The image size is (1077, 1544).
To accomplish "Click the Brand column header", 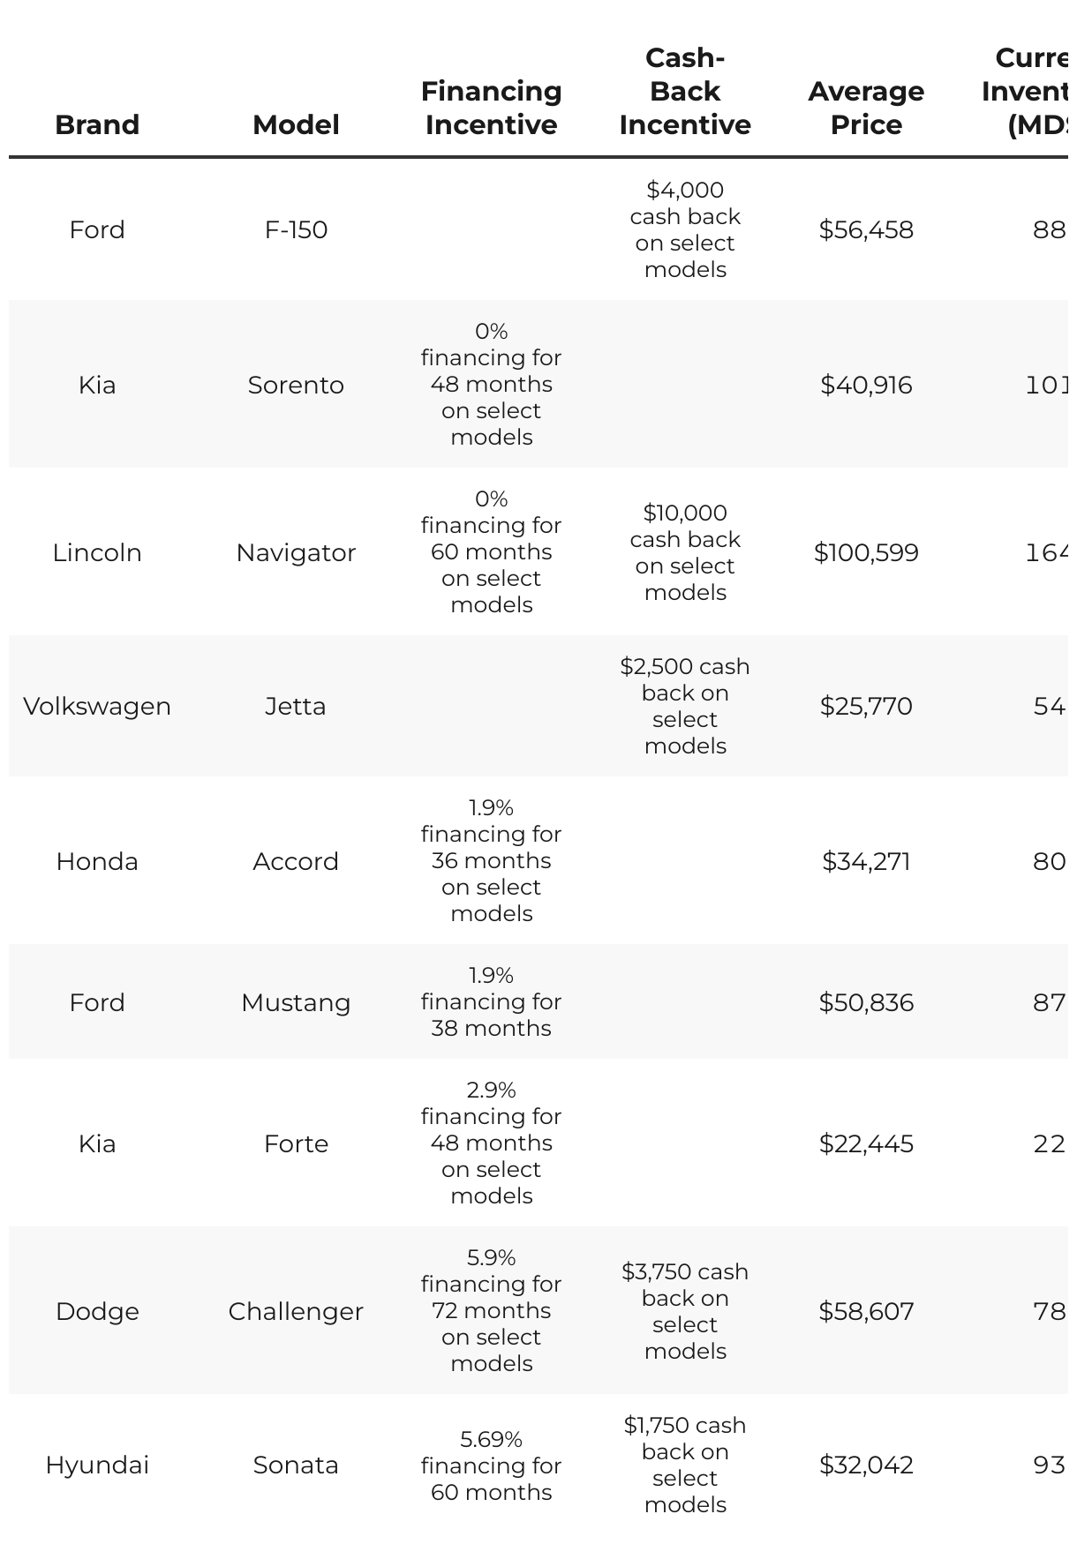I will coord(97,124).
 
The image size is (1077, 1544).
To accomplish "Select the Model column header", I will coord(296,124).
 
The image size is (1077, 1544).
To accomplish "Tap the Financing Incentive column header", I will coord(491,108).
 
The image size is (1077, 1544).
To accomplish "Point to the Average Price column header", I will coord(866,108).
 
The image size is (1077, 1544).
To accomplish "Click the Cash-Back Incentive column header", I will coord(685,92).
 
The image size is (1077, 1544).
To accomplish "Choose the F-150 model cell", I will coord(296,229).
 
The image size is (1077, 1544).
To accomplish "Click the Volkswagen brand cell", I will coord(97,706).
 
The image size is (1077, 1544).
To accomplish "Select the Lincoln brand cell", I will coord(97,552).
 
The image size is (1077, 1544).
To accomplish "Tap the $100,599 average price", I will coord(866,552).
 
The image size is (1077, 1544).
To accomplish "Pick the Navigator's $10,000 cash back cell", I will coord(685,552).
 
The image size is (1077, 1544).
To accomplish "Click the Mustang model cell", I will coord(296,1002).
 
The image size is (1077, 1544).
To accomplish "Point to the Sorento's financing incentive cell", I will coord(491,384).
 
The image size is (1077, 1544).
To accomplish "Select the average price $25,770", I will coord(866,706).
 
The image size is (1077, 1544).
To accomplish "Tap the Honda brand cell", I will coord(97,861).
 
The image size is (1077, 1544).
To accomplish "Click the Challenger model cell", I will coord(296,1311).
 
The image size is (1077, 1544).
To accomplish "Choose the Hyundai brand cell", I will coord(97,1465).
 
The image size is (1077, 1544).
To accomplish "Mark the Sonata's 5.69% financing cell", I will coord(491,1465).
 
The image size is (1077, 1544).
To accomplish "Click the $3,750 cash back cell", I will coord(685,1311).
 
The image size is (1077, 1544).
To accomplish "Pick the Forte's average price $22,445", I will coord(866,1143).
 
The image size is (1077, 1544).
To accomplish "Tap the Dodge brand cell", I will coord(97,1311).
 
